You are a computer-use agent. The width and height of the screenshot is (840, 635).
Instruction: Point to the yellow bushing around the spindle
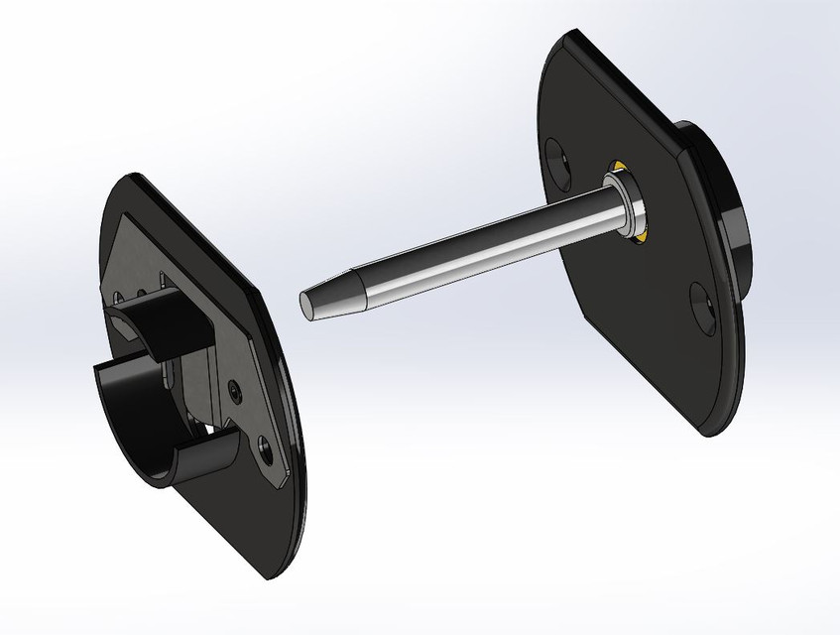[x=640, y=234]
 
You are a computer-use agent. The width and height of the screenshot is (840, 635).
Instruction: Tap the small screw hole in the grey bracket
[x=233, y=390]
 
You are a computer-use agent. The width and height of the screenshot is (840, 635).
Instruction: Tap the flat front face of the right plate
[x=635, y=327]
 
